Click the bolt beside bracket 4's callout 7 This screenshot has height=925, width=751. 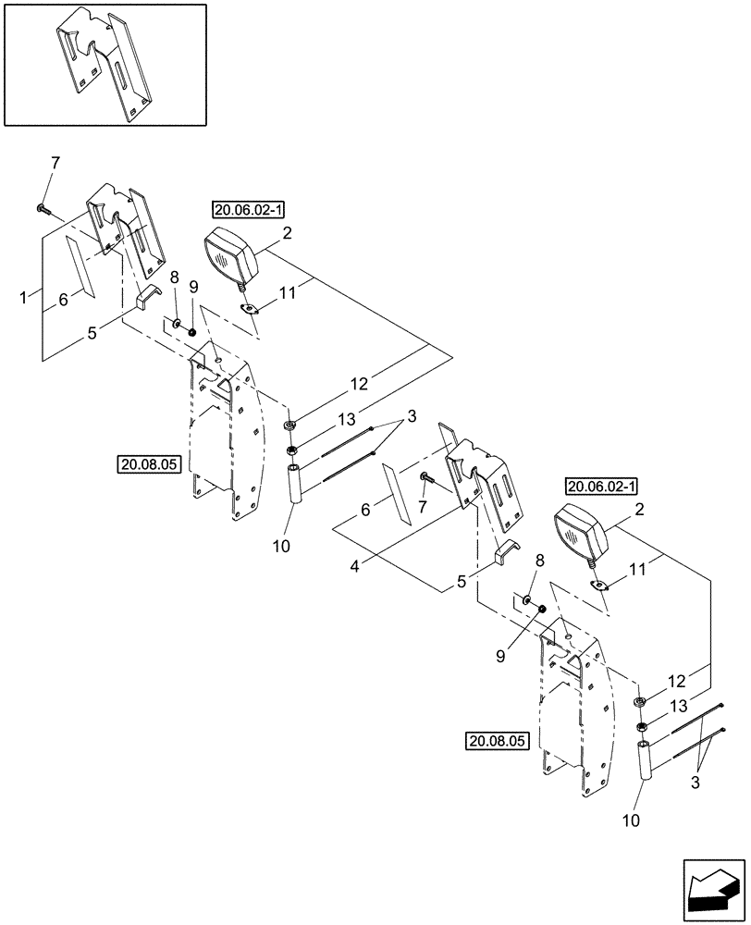click(427, 478)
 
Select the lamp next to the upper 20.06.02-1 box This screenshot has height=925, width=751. click(230, 254)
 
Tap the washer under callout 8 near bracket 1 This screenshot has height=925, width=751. click(176, 327)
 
